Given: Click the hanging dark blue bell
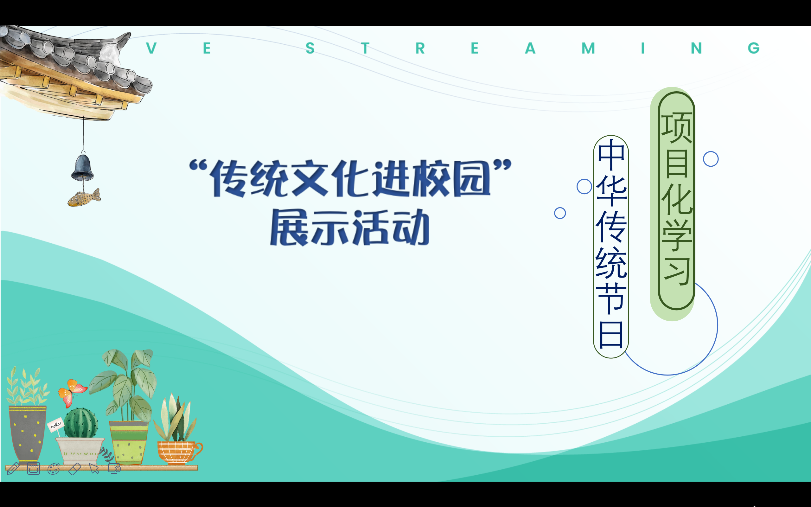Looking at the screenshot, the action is [x=82, y=168].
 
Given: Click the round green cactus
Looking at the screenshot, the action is [x=81, y=423].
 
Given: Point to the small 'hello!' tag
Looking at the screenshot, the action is [x=55, y=425].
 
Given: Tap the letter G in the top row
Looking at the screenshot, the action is [x=753, y=48].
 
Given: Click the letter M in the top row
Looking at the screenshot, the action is [x=588, y=48].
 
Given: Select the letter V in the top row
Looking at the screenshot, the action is [x=151, y=48].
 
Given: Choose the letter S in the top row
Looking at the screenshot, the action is [x=310, y=48].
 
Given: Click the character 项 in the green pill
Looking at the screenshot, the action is [x=677, y=128].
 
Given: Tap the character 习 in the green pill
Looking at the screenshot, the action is [x=677, y=270].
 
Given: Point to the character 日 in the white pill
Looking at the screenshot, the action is [x=611, y=335].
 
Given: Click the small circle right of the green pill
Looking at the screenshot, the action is [x=711, y=159].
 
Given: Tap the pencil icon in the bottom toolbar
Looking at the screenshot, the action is [x=13, y=468].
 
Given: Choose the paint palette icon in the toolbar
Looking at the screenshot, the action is [x=54, y=468].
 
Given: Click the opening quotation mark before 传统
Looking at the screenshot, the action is [x=198, y=165].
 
